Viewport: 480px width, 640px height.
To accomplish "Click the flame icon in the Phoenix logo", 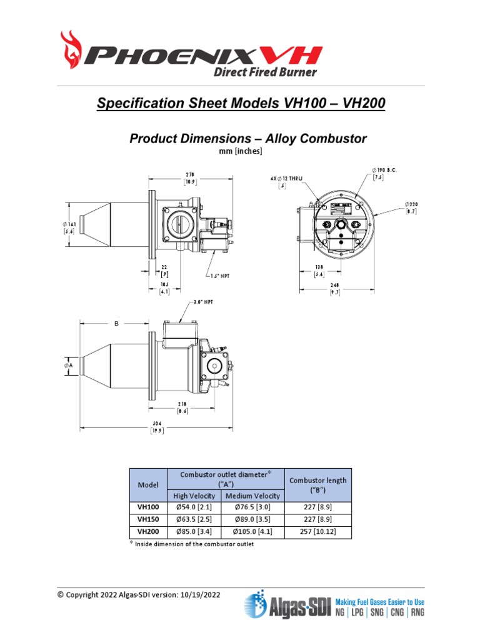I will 72,51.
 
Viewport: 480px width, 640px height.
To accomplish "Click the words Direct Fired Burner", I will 265,71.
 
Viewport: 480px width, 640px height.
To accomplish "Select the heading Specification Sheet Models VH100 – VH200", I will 241,103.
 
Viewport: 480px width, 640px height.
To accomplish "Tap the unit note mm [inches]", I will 240,151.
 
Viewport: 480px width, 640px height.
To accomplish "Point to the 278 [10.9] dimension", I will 191,178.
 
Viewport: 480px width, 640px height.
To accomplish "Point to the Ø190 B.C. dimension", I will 385,173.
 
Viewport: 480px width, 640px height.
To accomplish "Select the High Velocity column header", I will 194,496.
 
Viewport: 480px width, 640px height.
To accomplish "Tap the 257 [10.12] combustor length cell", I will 317,532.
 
